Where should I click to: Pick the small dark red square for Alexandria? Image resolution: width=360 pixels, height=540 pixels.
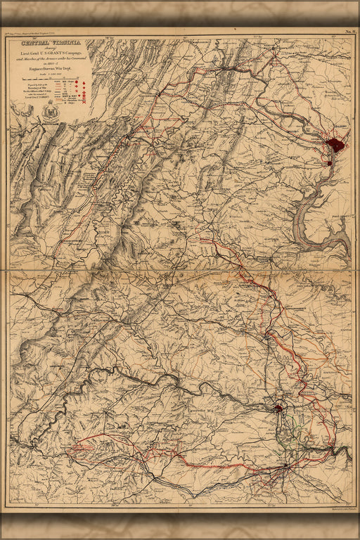coord(329,163)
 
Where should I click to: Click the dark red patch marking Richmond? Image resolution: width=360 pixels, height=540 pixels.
coord(278,407)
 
